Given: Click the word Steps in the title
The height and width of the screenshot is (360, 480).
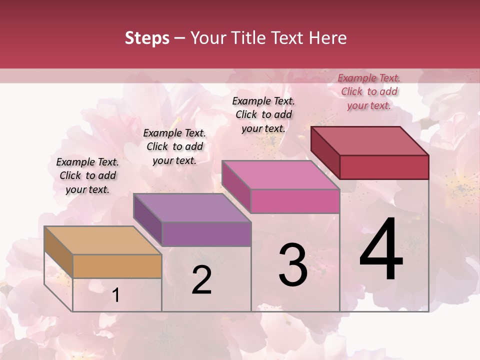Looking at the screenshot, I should click(147, 38).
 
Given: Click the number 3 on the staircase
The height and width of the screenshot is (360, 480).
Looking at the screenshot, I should click(293, 265).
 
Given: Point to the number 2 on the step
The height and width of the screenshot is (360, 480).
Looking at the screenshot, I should click(201, 279).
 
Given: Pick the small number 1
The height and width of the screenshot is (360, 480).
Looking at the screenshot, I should click(116, 295).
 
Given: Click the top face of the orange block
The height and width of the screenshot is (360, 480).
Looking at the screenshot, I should click(102, 240).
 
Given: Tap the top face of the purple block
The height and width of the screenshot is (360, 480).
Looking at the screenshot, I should click(192, 207).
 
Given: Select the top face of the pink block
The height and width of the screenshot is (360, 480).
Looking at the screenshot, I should click(280, 174).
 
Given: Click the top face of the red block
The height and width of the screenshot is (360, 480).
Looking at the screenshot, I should click(370, 140).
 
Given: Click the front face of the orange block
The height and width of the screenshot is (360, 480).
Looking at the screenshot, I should click(117, 266).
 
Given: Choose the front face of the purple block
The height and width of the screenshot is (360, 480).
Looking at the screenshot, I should click(206, 234).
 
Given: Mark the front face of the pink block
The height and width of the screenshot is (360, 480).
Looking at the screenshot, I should click(295, 201).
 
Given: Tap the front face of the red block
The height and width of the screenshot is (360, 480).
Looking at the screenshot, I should click(384, 167).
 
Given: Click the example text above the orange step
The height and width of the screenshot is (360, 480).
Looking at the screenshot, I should click(87, 175).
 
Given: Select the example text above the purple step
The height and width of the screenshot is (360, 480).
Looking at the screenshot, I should click(174, 146).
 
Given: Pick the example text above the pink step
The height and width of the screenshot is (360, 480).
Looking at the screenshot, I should click(263, 114).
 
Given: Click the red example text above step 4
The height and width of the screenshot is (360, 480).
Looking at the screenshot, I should click(369, 91).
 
